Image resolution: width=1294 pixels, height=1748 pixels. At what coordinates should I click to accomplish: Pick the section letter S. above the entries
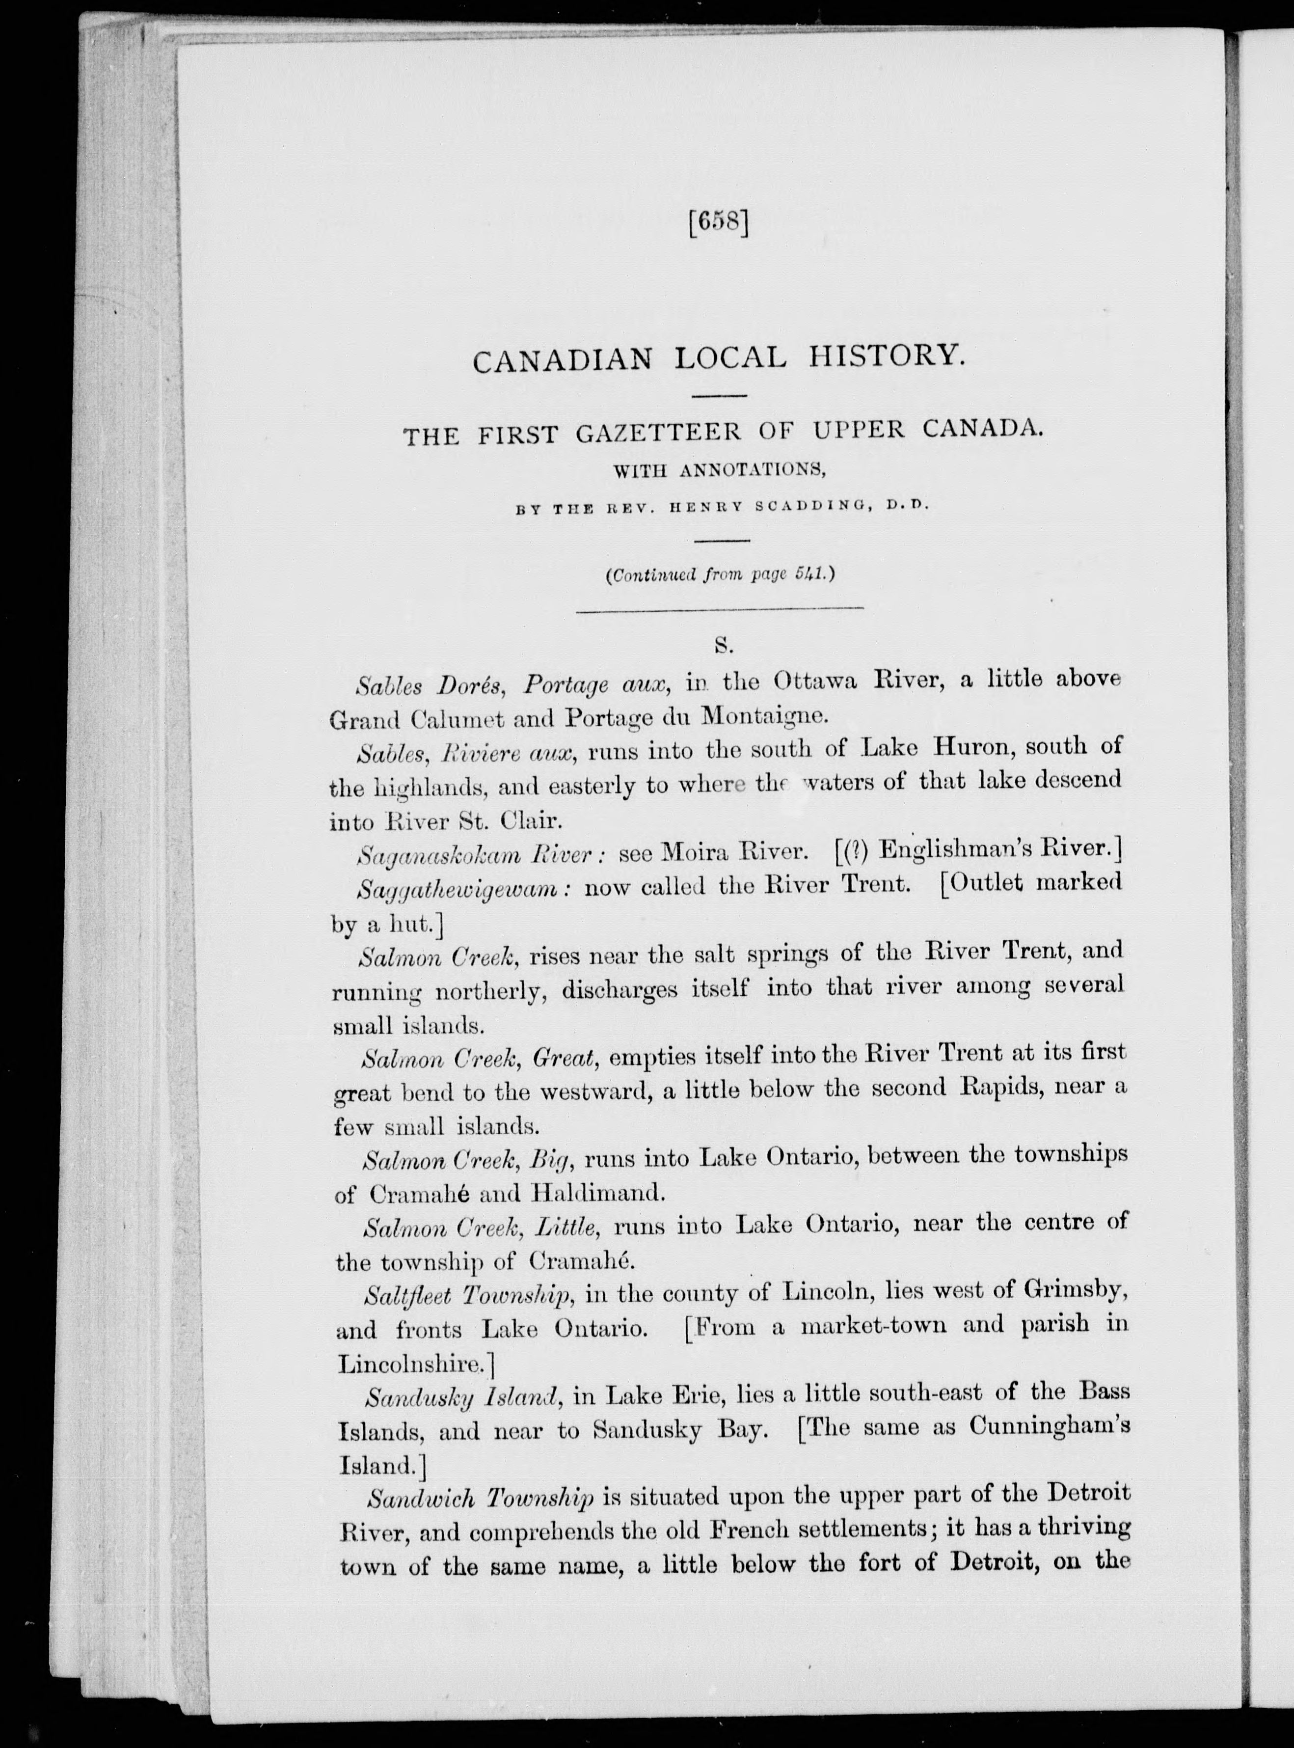722,646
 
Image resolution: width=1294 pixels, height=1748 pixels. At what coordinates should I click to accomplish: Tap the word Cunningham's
1050,1426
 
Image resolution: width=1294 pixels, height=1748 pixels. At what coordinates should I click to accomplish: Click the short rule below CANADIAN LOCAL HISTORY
722,396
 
